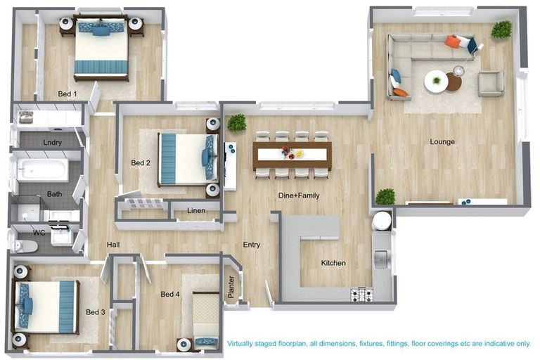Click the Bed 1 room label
(67, 93)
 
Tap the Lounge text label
(443, 141)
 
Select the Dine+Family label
(299, 195)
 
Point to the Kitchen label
(333, 263)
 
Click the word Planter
(232, 287)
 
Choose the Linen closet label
(196, 210)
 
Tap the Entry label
(252, 245)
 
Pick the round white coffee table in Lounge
(436, 82)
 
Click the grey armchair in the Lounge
(491, 84)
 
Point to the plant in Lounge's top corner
(501, 30)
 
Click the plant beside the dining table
(237, 122)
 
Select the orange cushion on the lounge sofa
(453, 42)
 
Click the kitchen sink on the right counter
(382, 260)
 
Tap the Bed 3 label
(96, 311)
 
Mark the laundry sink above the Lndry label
(26, 117)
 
